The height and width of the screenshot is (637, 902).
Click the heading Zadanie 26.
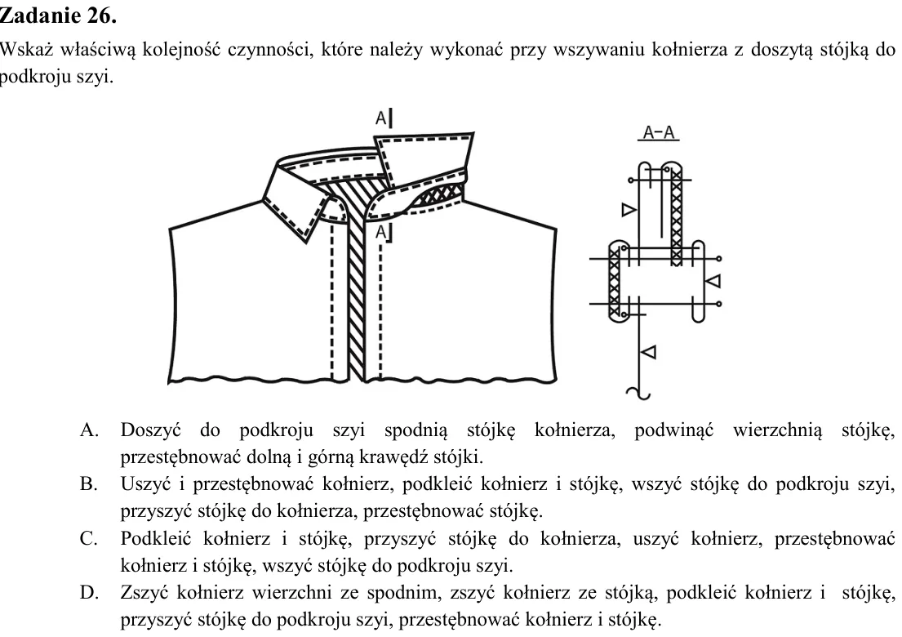click(x=58, y=16)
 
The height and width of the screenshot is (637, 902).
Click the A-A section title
click(x=659, y=132)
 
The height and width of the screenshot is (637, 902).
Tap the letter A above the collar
click(x=381, y=118)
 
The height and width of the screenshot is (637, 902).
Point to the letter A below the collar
click(x=381, y=232)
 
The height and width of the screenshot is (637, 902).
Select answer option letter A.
click(x=90, y=430)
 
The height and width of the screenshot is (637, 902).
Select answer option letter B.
click(x=89, y=484)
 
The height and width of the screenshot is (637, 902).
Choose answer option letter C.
click(x=89, y=538)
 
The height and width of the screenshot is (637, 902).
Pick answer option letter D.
click(x=89, y=592)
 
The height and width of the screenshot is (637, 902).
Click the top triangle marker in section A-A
click(x=629, y=209)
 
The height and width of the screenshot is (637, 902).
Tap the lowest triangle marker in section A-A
click(x=648, y=351)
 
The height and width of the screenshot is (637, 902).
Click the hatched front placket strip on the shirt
click(x=357, y=287)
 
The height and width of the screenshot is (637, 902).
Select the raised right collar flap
click(x=424, y=160)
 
